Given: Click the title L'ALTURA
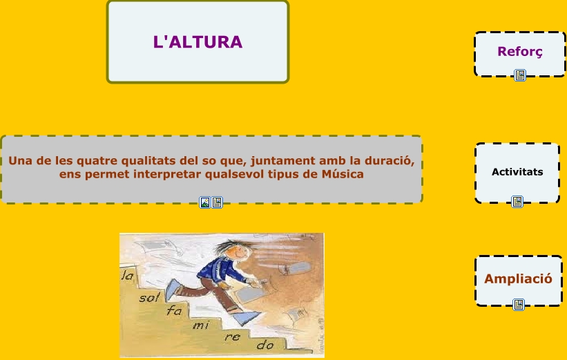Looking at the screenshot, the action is [x=198, y=42].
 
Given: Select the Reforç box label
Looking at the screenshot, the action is [x=520, y=51].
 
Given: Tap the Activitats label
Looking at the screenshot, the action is [x=517, y=172].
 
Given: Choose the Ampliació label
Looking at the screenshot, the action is [x=518, y=278].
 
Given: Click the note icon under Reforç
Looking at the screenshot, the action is [x=520, y=75].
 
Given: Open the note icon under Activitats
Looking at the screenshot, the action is [x=517, y=202].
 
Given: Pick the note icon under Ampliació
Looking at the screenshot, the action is [x=519, y=305].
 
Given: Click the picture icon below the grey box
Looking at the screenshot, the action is [x=205, y=202].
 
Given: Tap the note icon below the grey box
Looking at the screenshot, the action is [x=217, y=202].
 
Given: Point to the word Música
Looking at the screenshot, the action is [x=343, y=174].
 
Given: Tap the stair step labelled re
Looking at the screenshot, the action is [x=232, y=337].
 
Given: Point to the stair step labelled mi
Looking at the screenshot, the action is [x=201, y=325].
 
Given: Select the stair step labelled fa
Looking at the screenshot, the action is [x=174, y=310].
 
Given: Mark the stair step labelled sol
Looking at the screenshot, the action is [x=149, y=298].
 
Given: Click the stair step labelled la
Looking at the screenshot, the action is [x=127, y=276].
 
